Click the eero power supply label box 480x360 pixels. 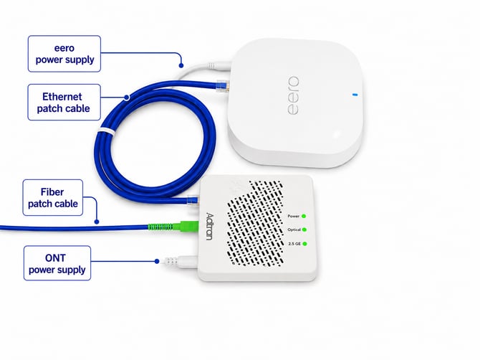point(64,54)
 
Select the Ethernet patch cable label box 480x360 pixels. point(64,103)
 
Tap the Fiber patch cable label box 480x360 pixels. point(52,198)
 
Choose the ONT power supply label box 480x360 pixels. point(57,263)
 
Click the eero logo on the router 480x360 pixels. point(293,95)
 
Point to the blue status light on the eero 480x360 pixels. point(355,95)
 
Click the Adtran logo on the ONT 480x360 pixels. point(209,226)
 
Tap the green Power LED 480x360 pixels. point(304,216)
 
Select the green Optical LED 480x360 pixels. point(304,229)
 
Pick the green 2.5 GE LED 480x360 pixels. point(304,244)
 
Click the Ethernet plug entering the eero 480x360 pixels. point(223,86)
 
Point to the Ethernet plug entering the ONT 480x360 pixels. point(193,200)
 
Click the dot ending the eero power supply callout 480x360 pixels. point(181,65)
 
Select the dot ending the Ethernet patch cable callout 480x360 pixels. point(127,98)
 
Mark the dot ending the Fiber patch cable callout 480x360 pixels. point(97,222)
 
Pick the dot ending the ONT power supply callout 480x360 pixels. point(157,261)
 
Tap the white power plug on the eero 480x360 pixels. point(219,66)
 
